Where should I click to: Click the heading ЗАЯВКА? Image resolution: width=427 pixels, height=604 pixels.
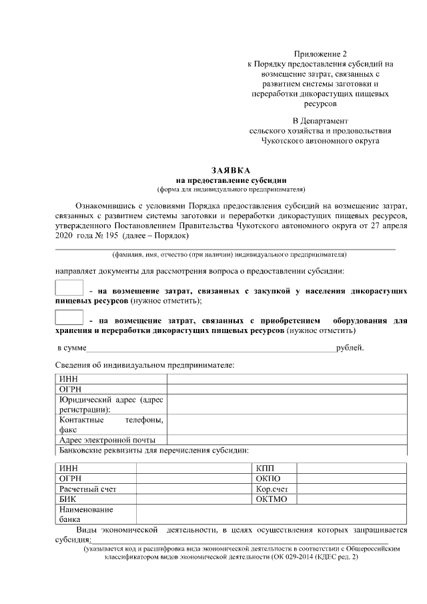point(231,171)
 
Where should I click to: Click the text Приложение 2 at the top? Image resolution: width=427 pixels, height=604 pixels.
point(320,53)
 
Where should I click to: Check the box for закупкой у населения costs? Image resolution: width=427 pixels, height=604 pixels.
point(69,288)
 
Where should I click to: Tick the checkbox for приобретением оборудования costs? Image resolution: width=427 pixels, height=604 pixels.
point(69,318)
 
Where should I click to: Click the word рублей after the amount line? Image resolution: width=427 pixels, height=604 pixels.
point(350,348)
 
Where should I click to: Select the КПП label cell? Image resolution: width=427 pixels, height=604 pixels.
point(265,469)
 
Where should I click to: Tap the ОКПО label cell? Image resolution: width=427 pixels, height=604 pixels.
point(268,479)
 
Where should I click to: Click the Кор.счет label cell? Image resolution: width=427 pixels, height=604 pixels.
point(272,489)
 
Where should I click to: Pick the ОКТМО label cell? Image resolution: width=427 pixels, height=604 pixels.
point(271,499)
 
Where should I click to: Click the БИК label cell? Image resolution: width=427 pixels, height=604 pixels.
point(67,499)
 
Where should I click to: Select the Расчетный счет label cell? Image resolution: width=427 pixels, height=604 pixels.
point(87,489)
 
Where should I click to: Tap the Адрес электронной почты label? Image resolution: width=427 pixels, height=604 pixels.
point(107,440)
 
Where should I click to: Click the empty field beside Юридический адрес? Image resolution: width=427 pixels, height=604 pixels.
point(287,404)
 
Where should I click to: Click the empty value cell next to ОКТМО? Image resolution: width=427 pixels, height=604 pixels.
point(352,499)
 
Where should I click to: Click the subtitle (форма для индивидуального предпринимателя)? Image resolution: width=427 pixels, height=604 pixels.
point(231,189)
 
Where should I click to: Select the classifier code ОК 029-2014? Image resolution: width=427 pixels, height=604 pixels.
point(294,556)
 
